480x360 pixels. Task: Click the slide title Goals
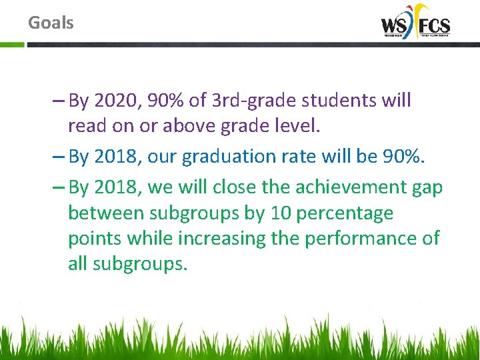(51, 23)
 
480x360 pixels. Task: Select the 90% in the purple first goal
(165, 101)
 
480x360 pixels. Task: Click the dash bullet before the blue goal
(57, 157)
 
